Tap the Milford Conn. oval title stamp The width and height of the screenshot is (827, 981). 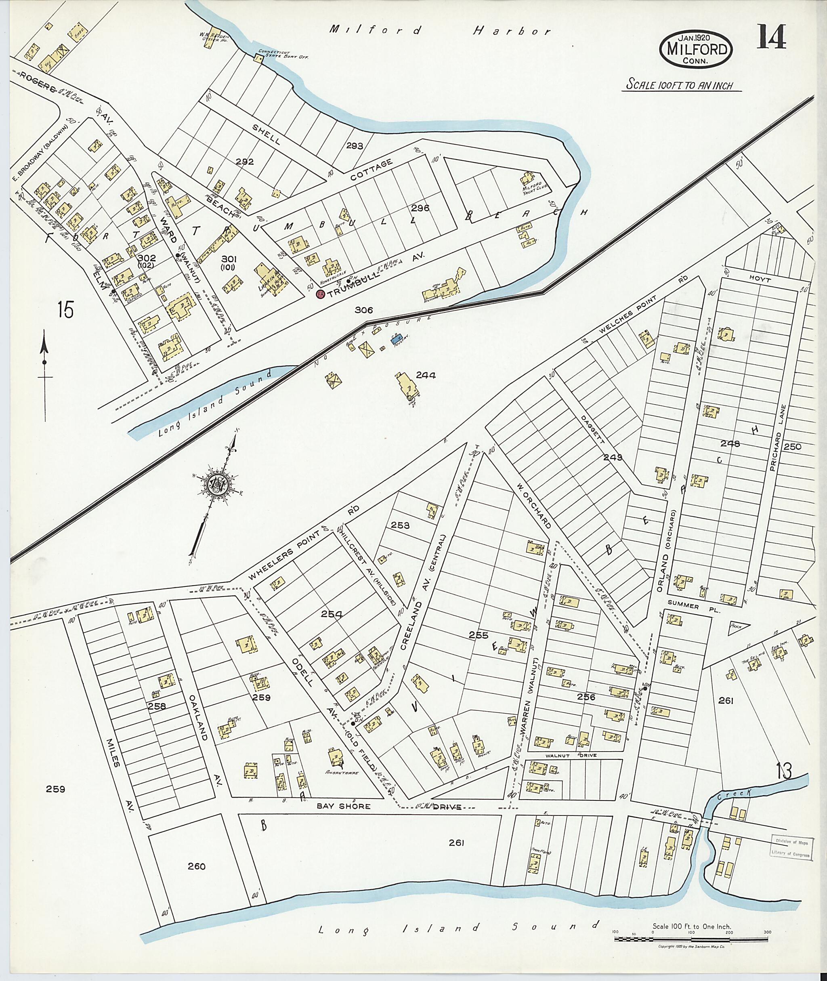pos(695,49)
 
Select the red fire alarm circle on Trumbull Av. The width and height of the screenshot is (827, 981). pos(321,294)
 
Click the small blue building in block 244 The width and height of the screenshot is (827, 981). pos(396,338)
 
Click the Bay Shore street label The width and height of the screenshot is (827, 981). pos(344,806)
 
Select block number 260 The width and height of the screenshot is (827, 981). pos(196,866)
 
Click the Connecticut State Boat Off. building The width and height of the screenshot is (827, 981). pos(258,58)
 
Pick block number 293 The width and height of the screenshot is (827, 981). pos(355,146)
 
